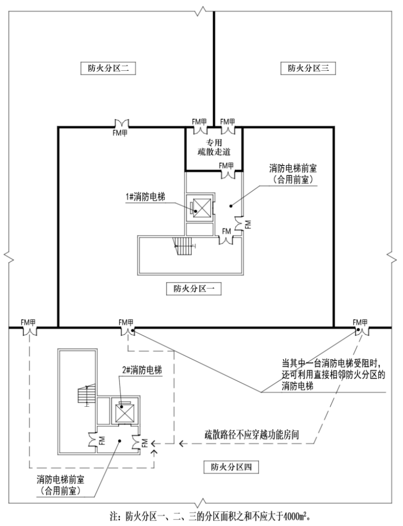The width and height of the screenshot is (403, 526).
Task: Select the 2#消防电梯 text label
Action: (141, 370)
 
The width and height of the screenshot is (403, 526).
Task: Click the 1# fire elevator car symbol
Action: (201, 207)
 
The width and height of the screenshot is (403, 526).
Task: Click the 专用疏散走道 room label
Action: (213, 147)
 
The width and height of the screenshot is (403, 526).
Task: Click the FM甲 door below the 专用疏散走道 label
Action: (226, 171)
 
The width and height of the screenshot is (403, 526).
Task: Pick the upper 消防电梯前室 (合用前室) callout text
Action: (294, 173)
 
